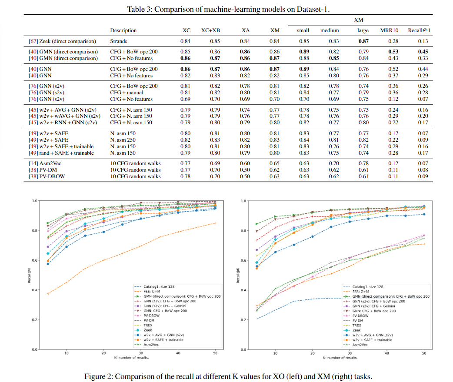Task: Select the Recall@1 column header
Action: click(x=419, y=30)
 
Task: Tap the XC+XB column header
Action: click(x=210, y=30)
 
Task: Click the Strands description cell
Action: click(x=119, y=41)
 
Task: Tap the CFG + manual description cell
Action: click(x=127, y=92)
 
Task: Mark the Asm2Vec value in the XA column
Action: click(x=245, y=163)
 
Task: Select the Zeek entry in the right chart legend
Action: click(x=358, y=330)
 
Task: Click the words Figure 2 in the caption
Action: click(x=127, y=376)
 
